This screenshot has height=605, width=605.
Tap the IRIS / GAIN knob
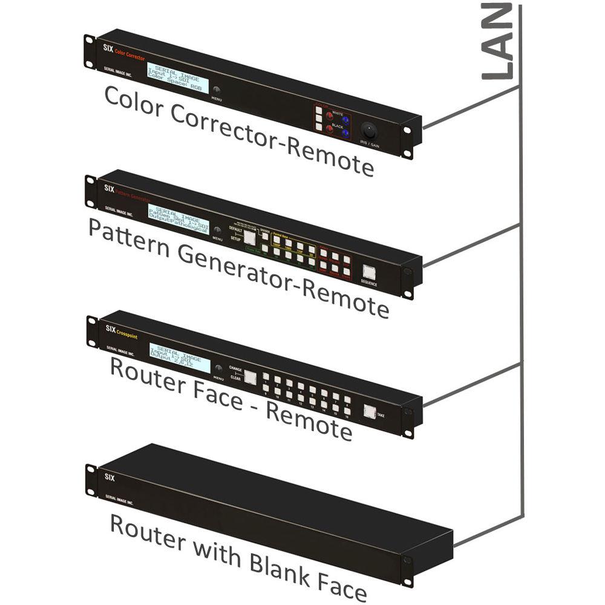(369, 131)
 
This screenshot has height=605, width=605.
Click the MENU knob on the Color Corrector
(217, 89)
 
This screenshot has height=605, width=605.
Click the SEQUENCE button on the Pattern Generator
(369, 273)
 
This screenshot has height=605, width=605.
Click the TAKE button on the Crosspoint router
(368, 411)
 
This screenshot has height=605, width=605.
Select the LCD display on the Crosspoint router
(180, 358)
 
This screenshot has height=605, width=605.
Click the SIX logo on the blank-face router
(110, 476)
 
